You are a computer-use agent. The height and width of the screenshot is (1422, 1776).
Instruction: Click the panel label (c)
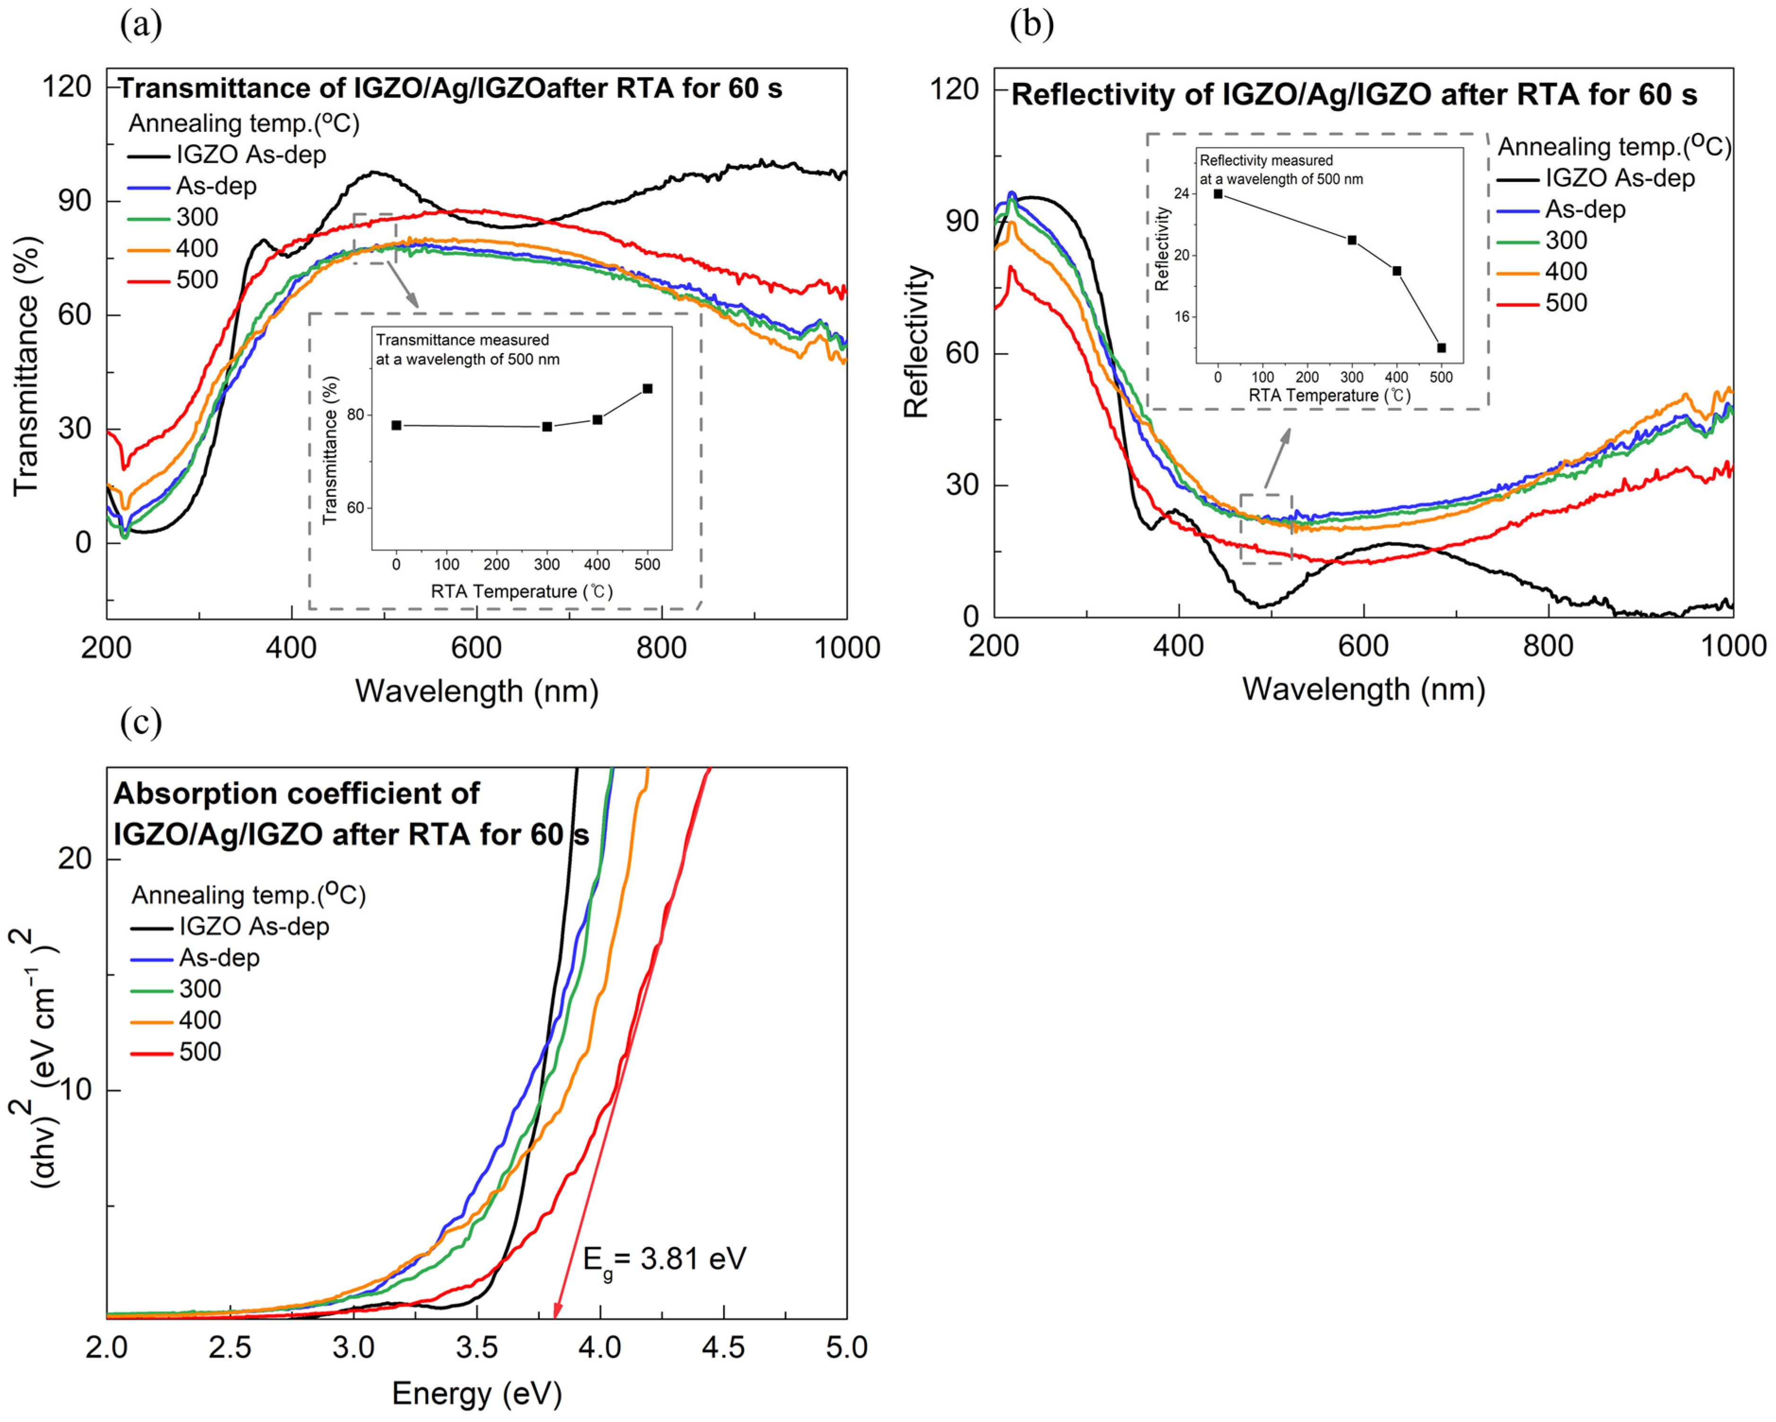(141, 722)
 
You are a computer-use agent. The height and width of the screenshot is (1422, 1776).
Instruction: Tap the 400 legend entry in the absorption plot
(199, 1021)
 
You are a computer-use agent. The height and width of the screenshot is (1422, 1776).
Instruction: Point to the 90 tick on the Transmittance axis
(74, 201)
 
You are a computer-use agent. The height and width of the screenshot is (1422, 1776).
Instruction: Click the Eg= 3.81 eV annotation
(664, 1259)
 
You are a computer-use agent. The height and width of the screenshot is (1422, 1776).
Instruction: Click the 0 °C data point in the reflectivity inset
(1218, 194)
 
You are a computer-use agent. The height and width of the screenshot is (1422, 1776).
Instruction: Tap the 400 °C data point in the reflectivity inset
(1397, 271)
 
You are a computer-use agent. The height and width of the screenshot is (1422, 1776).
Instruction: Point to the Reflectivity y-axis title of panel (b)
(916, 342)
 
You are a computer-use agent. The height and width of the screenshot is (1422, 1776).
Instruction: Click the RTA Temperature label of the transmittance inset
(521, 591)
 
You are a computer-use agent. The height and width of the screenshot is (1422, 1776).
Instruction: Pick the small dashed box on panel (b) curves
(1266, 529)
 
